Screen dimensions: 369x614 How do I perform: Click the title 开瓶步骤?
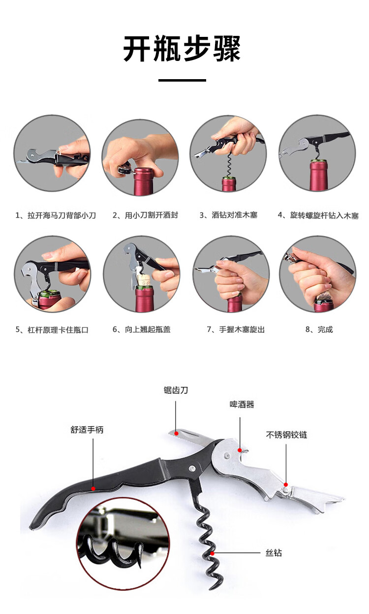tap(182, 49)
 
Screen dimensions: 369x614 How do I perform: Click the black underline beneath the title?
tap(182, 80)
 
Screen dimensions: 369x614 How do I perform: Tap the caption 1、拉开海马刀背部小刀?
tap(56, 215)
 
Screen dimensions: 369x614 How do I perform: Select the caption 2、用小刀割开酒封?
tap(146, 215)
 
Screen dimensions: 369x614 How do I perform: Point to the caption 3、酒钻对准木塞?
tap(228, 215)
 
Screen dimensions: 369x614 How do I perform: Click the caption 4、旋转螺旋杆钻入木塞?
tap(318, 215)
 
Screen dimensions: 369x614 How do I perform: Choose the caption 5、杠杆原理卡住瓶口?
tap(52, 330)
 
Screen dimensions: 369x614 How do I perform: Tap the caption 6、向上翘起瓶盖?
tap(142, 329)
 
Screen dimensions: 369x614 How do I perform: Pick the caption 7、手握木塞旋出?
tap(236, 329)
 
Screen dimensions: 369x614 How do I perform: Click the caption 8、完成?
tap(319, 329)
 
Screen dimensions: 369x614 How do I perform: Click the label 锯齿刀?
tap(176, 390)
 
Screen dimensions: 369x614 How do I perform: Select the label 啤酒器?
tap(242, 404)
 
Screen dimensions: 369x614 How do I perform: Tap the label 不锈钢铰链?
tap(286, 435)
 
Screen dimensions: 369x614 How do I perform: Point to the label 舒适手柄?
tap(87, 430)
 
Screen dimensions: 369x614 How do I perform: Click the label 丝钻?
tap(274, 553)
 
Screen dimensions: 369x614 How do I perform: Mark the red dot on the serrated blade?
tap(177, 434)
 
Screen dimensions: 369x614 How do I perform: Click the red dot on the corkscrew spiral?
tap(213, 554)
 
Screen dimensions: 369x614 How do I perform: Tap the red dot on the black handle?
tap(93, 489)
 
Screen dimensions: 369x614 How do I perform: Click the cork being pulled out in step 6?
tap(144, 280)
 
